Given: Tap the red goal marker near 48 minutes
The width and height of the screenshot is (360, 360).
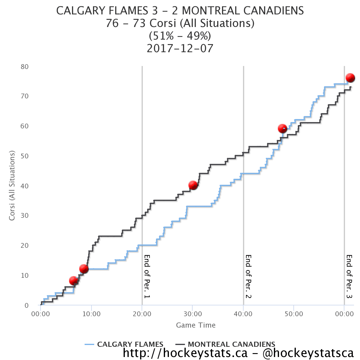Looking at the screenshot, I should click(x=282, y=128).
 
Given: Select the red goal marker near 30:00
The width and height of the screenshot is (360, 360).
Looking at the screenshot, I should click(x=193, y=185).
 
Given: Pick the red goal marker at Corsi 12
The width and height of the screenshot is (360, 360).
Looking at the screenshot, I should click(x=84, y=268).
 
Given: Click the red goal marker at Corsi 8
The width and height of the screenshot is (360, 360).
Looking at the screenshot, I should click(x=73, y=280).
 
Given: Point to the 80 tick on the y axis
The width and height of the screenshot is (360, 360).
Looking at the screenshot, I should click(x=25, y=67).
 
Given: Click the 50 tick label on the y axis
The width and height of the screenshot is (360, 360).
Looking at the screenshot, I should click(x=25, y=156).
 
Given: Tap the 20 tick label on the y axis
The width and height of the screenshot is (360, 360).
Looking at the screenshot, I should click(x=25, y=245).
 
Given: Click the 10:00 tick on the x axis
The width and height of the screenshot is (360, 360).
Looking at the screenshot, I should click(x=91, y=314).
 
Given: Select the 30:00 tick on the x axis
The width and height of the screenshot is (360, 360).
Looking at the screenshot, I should click(x=193, y=314).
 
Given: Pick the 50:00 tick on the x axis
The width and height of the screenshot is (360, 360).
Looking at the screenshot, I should click(x=294, y=314).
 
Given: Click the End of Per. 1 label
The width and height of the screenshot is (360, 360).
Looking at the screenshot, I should click(x=147, y=277).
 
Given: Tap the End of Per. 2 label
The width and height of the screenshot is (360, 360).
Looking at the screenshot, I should click(x=248, y=277).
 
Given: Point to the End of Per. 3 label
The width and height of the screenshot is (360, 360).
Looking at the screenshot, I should click(x=349, y=277).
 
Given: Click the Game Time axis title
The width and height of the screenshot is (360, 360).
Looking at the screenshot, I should click(x=196, y=325).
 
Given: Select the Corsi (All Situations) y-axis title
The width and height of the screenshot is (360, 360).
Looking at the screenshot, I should click(x=12, y=186).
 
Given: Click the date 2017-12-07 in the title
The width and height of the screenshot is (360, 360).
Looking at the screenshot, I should click(x=180, y=48).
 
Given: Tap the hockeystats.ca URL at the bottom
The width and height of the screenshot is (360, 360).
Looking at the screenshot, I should click(x=185, y=353).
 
